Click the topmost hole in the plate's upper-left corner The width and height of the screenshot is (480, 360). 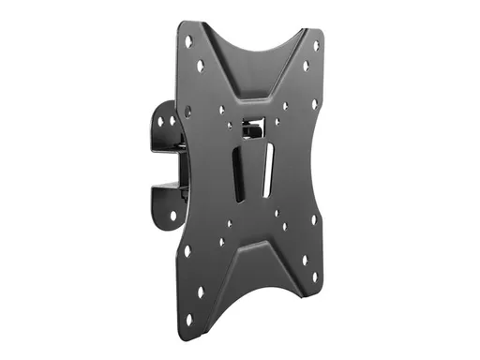click(x=189, y=40)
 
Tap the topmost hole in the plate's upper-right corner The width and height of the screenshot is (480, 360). click(x=315, y=45)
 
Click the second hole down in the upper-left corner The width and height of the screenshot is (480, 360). click(x=200, y=65)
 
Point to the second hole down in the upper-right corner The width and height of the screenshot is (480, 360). click(x=306, y=67)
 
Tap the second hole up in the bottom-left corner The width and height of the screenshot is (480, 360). click(x=188, y=251)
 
